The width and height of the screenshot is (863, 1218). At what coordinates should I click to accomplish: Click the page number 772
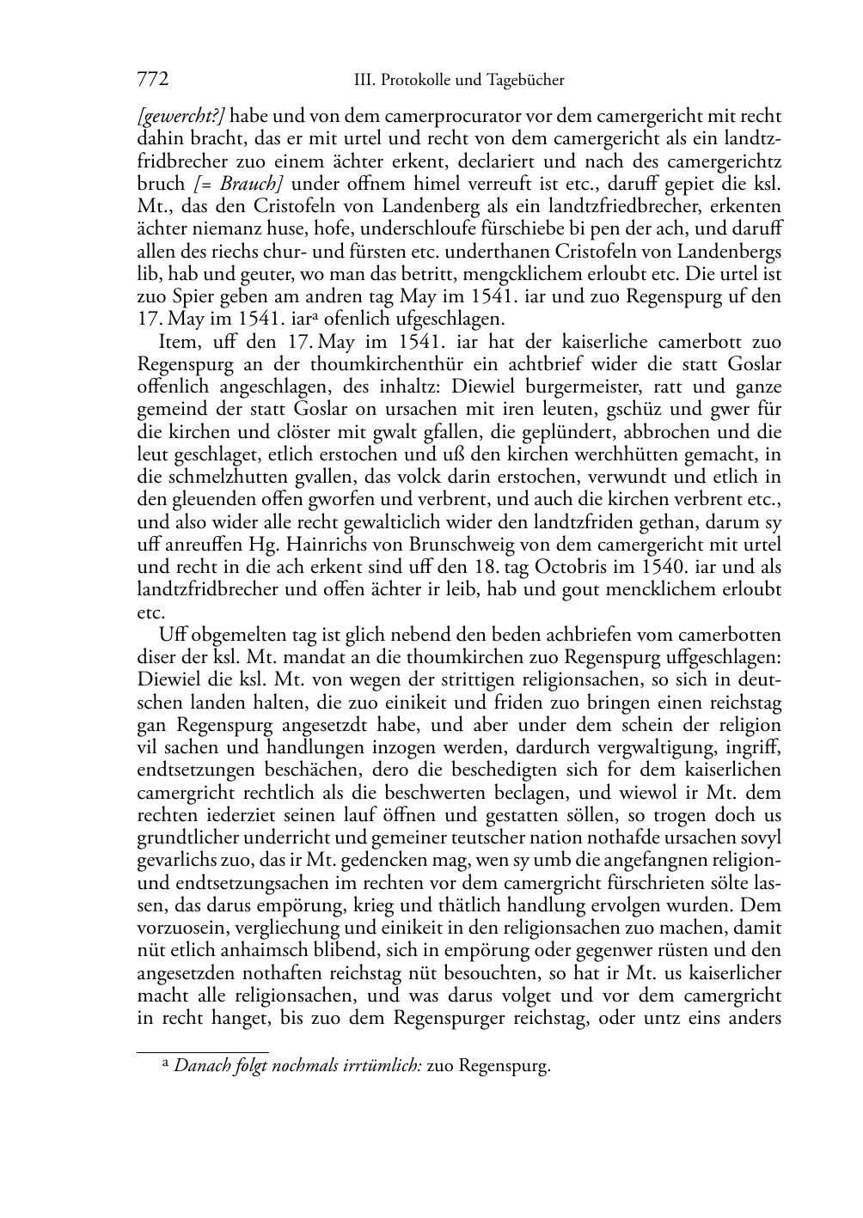(x=152, y=81)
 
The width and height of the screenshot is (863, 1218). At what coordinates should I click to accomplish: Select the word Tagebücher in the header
(x=526, y=81)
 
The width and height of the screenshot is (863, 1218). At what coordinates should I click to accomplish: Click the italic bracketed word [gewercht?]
(x=181, y=116)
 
